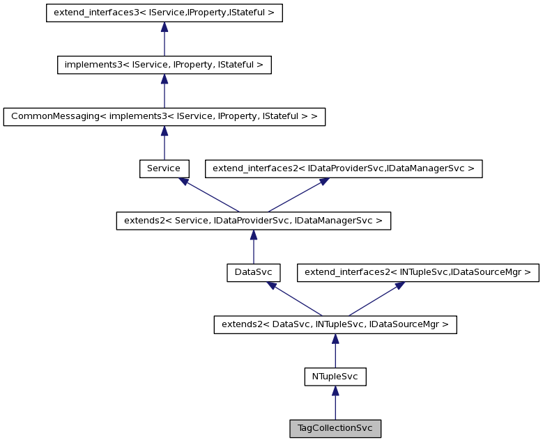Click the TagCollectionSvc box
coord(335,429)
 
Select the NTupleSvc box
coord(335,377)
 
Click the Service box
coord(164,168)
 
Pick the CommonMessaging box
coord(164,117)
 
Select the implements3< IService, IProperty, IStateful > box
coord(164,65)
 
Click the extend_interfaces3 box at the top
coord(164,13)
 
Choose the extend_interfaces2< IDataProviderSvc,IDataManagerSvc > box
coord(343,168)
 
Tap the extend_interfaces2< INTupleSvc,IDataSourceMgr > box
coord(418,273)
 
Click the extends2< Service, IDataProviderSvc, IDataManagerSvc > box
coord(253,221)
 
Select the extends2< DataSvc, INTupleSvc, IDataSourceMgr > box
coord(335,324)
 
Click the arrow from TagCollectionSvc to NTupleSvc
coord(335,404)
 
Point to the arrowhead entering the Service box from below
coord(183,181)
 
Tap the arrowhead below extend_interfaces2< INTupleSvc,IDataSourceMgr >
coord(399,285)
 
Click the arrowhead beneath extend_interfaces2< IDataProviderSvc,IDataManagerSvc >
coord(324,180)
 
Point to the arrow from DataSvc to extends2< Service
coord(253,247)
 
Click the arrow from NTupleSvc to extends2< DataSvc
coord(335,351)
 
